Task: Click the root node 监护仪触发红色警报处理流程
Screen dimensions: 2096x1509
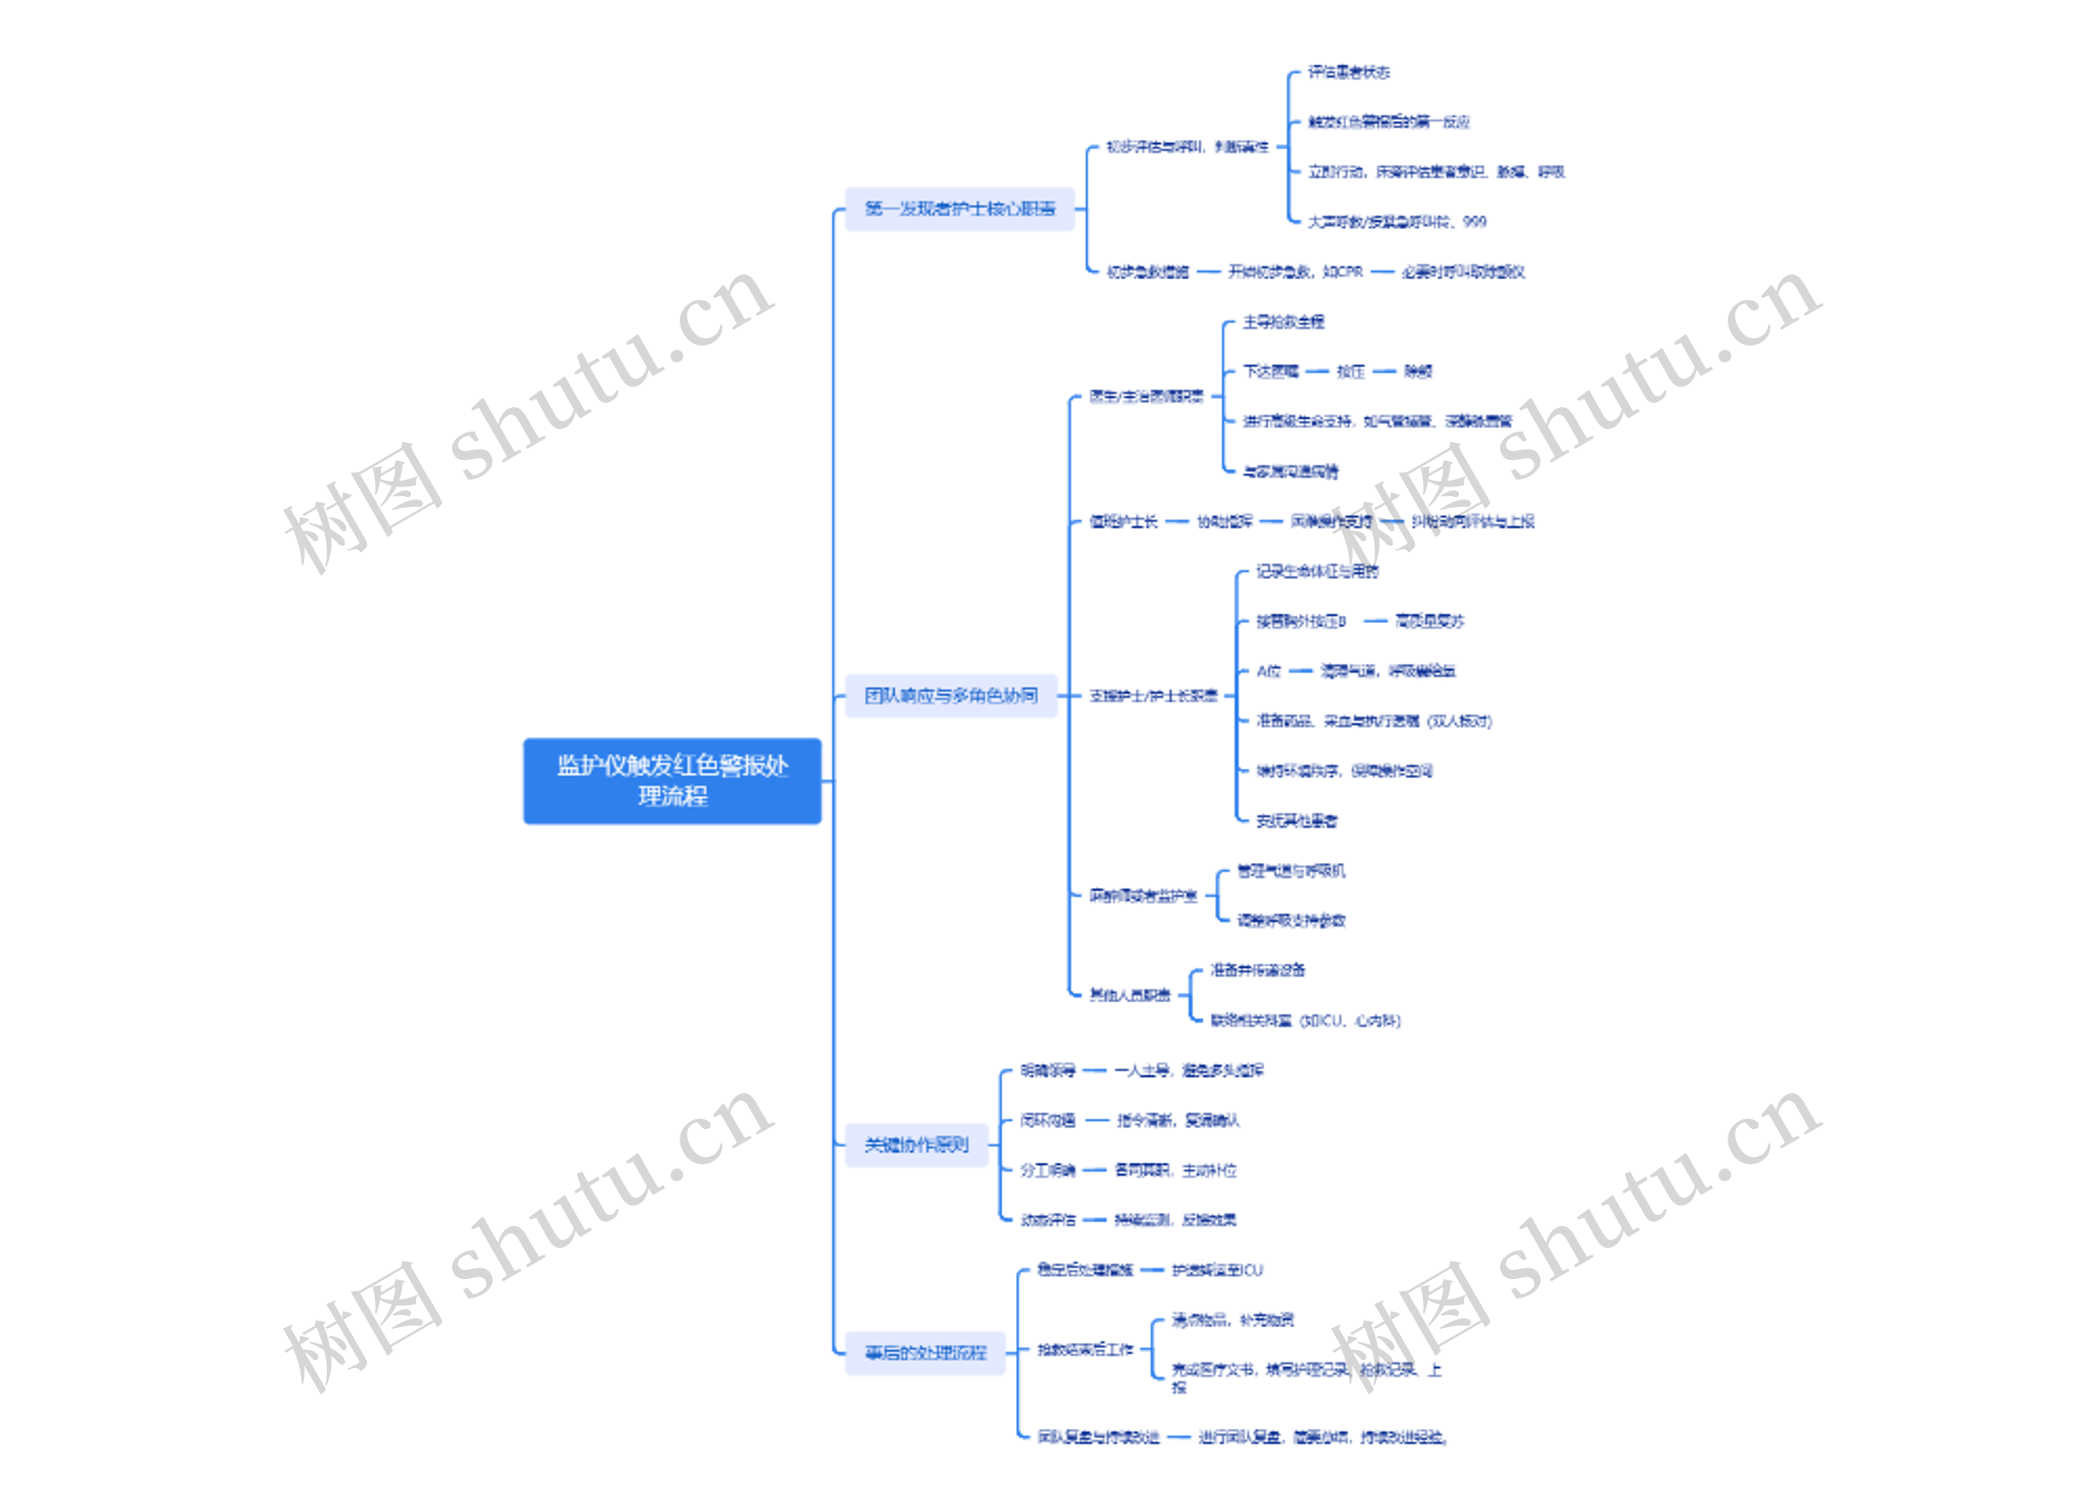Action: click(x=672, y=780)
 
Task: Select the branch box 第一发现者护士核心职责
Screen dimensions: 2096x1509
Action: click(x=960, y=209)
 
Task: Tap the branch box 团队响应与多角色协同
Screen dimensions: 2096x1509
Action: click(x=950, y=695)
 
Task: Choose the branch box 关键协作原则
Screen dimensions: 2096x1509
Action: click(x=916, y=1145)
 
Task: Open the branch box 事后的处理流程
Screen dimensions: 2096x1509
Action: click(x=925, y=1353)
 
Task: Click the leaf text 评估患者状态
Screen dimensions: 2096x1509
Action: click(x=1348, y=72)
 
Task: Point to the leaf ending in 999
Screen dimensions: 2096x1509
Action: click(x=1397, y=222)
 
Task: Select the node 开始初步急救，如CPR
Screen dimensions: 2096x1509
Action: click(x=1294, y=272)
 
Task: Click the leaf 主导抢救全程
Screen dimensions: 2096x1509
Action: click(x=1283, y=322)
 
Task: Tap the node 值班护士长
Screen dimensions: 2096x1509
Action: click(x=1123, y=522)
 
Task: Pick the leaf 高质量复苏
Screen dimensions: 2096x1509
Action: click(x=1429, y=621)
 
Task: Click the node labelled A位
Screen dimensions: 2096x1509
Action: click(x=1268, y=671)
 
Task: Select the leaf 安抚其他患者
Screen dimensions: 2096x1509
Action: click(x=1296, y=820)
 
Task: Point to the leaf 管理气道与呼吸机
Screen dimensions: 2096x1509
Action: click(x=1291, y=870)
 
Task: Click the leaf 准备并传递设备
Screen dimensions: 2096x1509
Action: click(x=1258, y=970)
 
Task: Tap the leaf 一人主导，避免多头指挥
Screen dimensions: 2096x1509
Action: click(x=1189, y=1070)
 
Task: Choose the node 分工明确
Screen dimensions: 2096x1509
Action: click(x=1047, y=1170)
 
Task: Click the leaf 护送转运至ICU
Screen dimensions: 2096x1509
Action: click(x=1216, y=1270)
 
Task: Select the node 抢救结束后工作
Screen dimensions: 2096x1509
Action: click(x=1084, y=1350)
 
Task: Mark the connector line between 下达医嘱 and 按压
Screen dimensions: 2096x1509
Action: click(x=1317, y=372)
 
